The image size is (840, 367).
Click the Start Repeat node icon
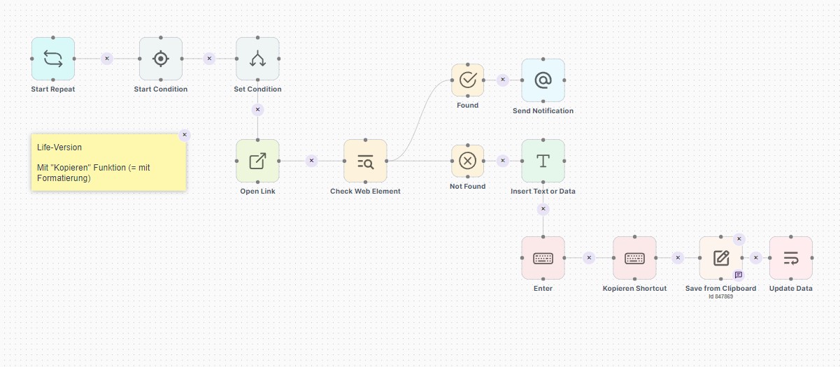tap(53, 59)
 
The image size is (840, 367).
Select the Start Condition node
tap(161, 59)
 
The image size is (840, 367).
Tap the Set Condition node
tap(257, 59)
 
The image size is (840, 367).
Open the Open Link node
tap(257, 161)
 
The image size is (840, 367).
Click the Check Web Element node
tap(365, 161)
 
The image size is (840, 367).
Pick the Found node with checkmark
tap(467, 80)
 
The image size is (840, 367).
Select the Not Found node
tap(467, 161)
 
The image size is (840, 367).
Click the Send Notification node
tap(543, 80)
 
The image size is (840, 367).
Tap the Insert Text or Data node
tap(543, 161)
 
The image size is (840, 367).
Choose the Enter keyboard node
tap(543, 258)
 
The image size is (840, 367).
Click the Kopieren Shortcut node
tap(634, 258)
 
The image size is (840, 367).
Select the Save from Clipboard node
tap(720, 258)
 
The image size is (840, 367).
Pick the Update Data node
tap(790, 258)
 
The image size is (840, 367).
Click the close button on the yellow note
tap(185, 135)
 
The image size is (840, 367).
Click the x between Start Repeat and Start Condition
tap(107, 59)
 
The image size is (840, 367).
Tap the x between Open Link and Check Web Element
tap(311, 161)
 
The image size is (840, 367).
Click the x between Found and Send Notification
tap(502, 80)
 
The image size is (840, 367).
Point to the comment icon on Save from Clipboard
tap(738, 275)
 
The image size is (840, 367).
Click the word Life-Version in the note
tap(59, 147)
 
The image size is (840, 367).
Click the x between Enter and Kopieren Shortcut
tap(589, 258)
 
